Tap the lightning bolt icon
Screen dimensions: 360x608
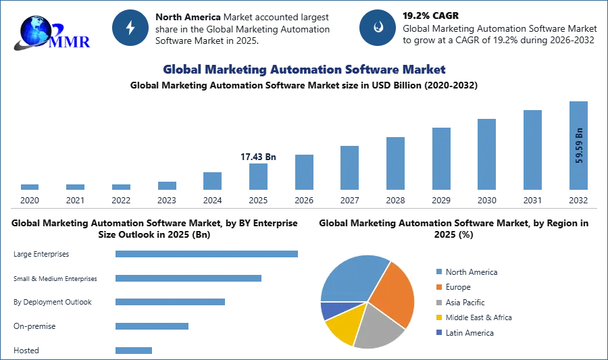pyautogui.click(x=130, y=28)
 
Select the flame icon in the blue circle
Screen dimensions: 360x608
pyautogui.click(x=378, y=28)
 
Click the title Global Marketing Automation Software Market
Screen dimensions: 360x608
pyautogui.click(x=304, y=70)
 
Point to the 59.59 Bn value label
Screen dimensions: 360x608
pyautogui.click(x=579, y=145)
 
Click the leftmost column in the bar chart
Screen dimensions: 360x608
pyautogui.click(x=29, y=188)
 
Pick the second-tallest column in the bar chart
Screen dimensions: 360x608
pyautogui.click(x=532, y=151)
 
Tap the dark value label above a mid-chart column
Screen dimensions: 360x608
pyautogui.click(x=259, y=157)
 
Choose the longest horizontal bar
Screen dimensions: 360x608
pyautogui.click(x=207, y=254)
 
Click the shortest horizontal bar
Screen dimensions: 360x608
pyautogui.click(x=135, y=351)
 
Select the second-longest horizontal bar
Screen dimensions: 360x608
pyautogui.click(x=188, y=278)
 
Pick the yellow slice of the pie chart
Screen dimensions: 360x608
pyautogui.click(x=343, y=326)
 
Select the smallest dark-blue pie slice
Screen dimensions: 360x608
pyautogui.click(x=330, y=310)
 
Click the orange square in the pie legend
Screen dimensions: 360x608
pyautogui.click(x=438, y=287)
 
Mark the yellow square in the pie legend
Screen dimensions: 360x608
pyautogui.click(x=438, y=318)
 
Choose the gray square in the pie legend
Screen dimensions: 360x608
pyautogui.click(x=438, y=303)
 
